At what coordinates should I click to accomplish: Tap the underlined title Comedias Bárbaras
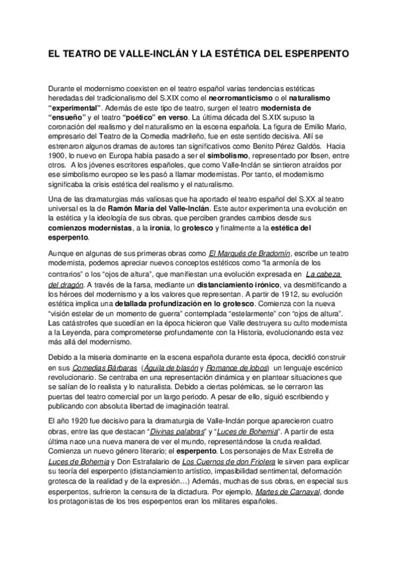(x=106, y=367)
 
